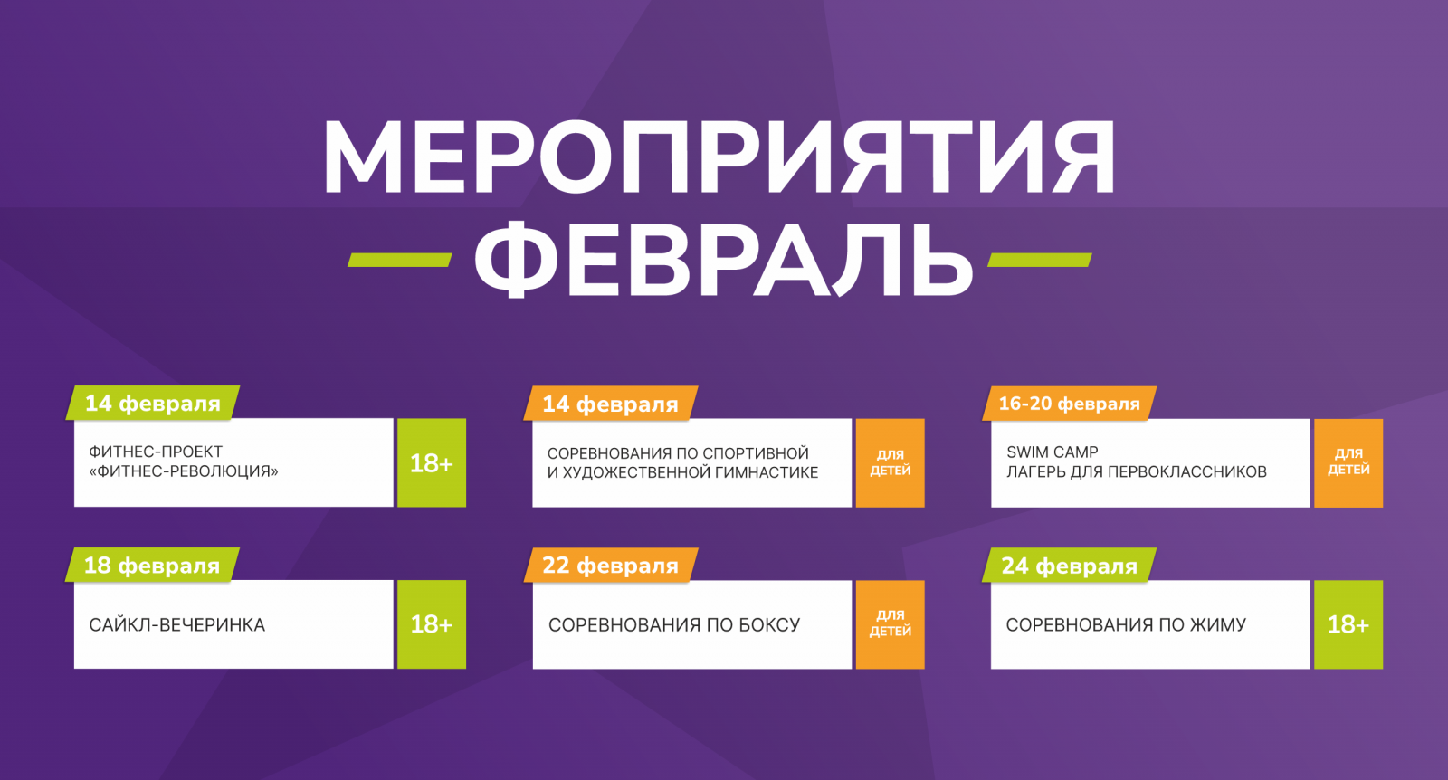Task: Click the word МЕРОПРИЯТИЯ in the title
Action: pos(719,157)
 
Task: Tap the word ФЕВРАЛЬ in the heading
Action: pos(723,259)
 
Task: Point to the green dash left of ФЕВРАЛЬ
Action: pos(399,260)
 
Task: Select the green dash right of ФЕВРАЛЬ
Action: pos(1040,260)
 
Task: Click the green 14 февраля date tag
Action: pos(153,404)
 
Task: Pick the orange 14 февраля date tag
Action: pos(610,404)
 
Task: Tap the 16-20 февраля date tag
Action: pos(1069,404)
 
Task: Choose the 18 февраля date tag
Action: pos(152,566)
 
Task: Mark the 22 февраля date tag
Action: pos(610,566)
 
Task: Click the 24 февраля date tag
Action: pos(1069,566)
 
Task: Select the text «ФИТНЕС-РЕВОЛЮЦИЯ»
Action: pos(184,471)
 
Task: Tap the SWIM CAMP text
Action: pos(1053,452)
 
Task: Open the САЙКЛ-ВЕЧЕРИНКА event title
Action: pos(177,625)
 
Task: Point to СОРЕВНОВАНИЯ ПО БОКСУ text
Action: pos(674,625)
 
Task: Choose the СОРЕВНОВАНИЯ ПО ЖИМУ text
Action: pos(1126,625)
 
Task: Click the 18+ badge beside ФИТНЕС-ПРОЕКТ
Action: pos(432,462)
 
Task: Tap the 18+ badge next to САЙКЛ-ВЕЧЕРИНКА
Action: pos(432,624)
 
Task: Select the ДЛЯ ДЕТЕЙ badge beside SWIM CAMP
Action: pos(1348,462)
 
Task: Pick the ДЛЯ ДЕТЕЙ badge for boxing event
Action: pos(891,624)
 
